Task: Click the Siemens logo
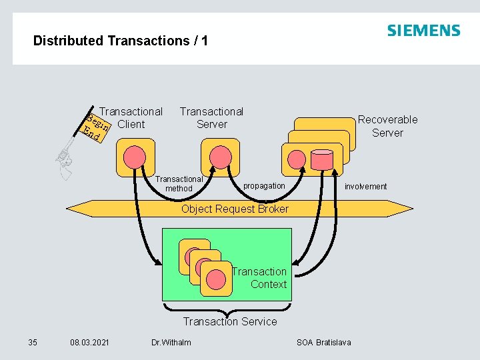coord(423,31)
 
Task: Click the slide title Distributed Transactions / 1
coord(121,41)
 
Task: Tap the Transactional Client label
coord(131,118)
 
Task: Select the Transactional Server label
coord(211,118)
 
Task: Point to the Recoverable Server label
coord(387,126)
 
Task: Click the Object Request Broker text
coord(235,209)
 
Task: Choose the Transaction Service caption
coord(230,322)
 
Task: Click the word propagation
coord(264,185)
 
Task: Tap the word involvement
coord(365,187)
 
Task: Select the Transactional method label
coord(179,183)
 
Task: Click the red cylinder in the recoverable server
coord(322,159)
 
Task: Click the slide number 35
coord(33,343)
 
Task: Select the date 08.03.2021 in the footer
coord(90,343)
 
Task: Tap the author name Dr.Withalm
coord(171,343)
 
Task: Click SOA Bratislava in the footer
coord(323,343)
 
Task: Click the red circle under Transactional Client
coord(135,157)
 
